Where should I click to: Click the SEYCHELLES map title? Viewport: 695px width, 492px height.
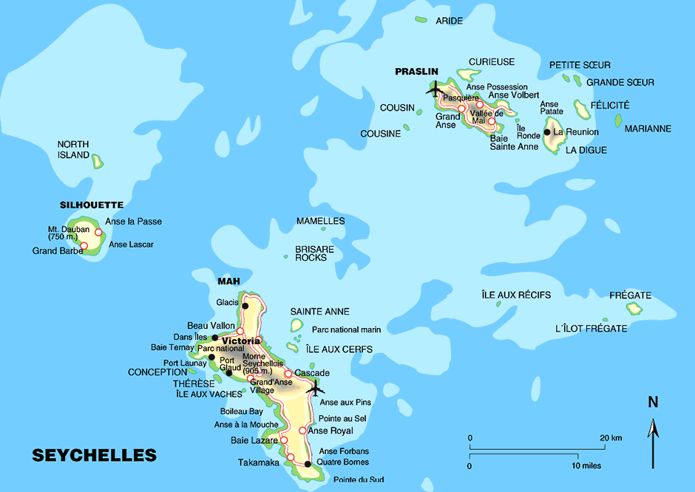point(94,455)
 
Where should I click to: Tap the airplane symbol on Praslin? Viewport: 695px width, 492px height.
point(433,89)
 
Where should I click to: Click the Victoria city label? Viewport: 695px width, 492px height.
point(241,341)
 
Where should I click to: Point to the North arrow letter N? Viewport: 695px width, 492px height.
point(653,403)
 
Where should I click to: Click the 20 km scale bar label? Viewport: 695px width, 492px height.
point(611,438)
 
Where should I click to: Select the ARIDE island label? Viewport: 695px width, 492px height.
point(449,21)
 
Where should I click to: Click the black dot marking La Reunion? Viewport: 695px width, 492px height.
point(547,132)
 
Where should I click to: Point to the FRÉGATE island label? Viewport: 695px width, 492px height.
point(630,295)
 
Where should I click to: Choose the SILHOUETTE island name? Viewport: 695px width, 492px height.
point(91,205)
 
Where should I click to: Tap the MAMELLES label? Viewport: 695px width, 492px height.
point(320,221)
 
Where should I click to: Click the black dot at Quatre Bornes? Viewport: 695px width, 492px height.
point(308,464)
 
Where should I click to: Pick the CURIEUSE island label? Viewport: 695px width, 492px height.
point(492,62)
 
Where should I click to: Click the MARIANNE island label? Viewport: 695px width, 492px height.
point(648,129)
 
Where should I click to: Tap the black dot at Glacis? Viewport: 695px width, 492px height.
point(245,304)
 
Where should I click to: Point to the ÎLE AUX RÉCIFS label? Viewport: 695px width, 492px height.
point(516,295)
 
